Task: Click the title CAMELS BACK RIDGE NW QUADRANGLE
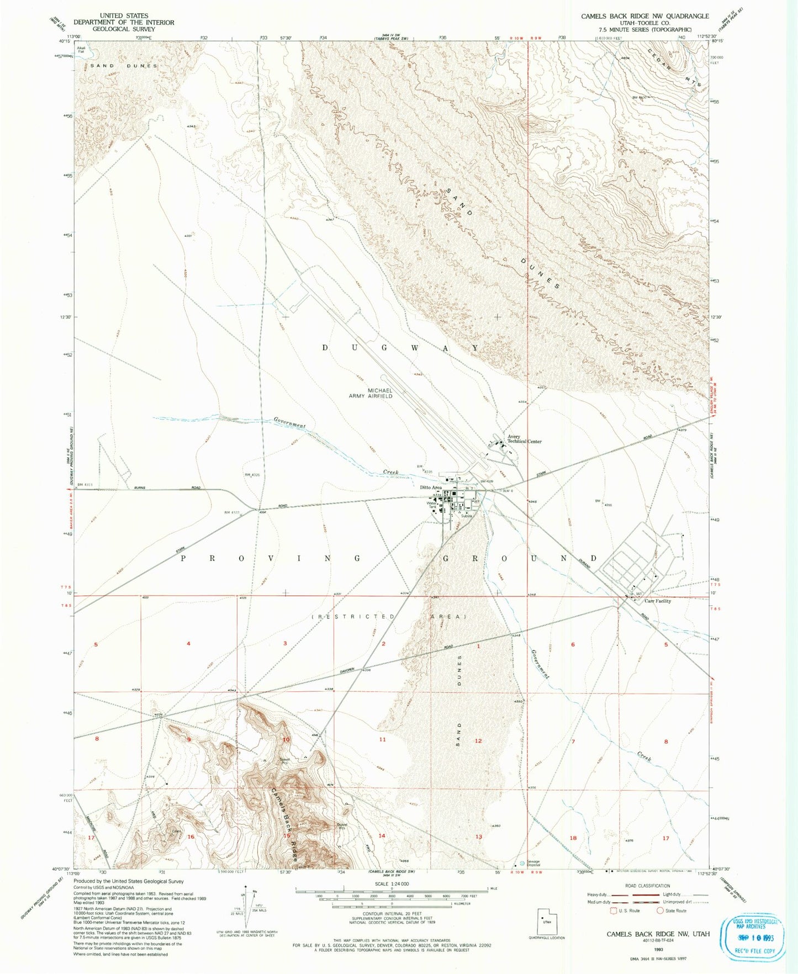point(644,16)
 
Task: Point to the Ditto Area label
point(431,488)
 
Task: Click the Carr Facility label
point(658,601)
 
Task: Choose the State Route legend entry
point(672,911)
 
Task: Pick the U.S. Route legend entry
point(624,911)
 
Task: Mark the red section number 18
point(573,838)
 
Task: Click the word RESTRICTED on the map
point(353,616)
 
